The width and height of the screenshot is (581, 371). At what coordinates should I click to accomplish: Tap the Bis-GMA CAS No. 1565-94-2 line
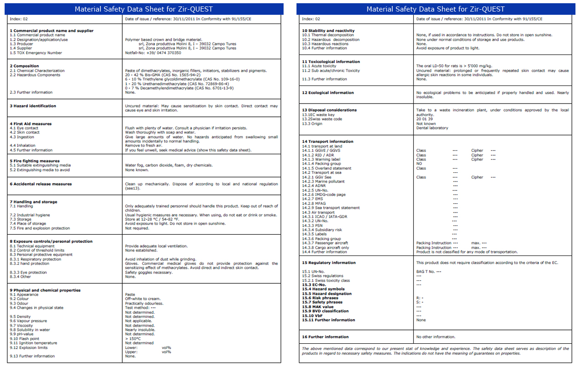[x=163, y=75]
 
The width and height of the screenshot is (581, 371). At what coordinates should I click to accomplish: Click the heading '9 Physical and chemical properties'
[x=45, y=290]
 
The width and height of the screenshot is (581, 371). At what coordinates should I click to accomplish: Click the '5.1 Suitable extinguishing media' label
[x=40, y=165]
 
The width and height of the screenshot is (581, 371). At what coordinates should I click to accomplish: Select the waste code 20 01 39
[x=425, y=119]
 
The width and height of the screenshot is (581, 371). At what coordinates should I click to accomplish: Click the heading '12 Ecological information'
[x=328, y=92]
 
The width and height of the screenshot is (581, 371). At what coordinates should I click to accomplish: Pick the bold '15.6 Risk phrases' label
[x=320, y=298]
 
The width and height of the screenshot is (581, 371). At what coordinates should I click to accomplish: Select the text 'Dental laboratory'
[x=432, y=128]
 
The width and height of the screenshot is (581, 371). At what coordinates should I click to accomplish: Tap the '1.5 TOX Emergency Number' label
[x=36, y=53]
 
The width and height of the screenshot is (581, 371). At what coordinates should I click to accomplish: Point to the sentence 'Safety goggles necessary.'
[x=149, y=272]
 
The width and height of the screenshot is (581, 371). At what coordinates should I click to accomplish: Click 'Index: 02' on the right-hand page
[x=311, y=19]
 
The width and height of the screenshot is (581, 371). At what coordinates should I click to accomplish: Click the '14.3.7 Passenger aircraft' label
[x=325, y=243]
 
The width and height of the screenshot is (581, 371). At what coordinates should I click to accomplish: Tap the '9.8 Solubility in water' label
[x=30, y=330]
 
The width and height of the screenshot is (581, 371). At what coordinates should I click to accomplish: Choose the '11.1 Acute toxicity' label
[x=319, y=66]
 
